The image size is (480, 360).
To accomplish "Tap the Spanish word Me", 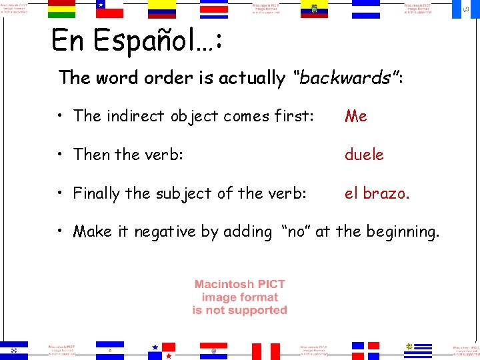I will coord(356,116).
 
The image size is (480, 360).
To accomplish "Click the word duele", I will coord(364,155).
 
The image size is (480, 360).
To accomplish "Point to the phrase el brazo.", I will coord(377,193).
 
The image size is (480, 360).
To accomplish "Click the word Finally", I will coord(97,193).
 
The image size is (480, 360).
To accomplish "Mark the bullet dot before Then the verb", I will coord(61,155).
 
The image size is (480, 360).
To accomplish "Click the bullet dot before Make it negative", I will coord(61,233).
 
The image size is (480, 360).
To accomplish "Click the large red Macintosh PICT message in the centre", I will coord(239,297).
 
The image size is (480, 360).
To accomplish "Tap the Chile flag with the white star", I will coord(110,9).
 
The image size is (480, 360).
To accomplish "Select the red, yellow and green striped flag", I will coord(61,9).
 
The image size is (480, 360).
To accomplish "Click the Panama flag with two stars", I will coord(162,350).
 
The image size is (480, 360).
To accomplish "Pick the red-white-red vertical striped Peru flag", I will coord(265,351).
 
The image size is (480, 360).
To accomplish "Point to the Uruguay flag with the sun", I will coord(418,349).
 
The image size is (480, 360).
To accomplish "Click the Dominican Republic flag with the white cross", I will coord(365,350).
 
